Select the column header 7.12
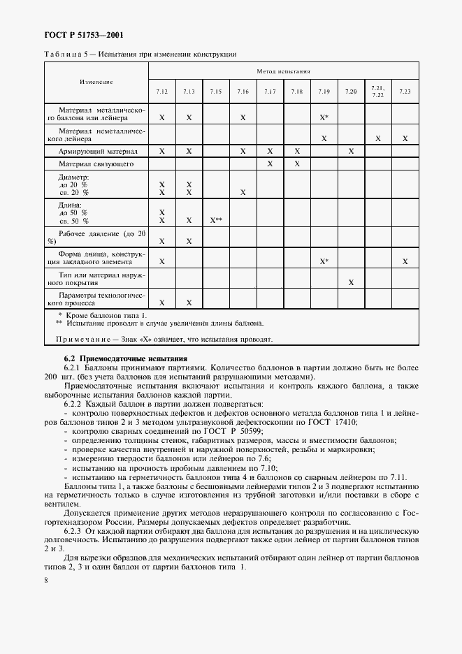coord(161,92)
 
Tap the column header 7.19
coord(324,92)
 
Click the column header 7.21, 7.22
coord(377,92)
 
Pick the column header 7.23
coord(405,92)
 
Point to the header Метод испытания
coord(283,71)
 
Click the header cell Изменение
coord(96,82)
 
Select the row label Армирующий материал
coord(98,151)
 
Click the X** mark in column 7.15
coord(216,220)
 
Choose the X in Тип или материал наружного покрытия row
coord(351,282)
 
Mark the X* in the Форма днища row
coord(324,261)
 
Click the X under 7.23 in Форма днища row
coord(405,261)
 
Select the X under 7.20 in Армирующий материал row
coord(351,151)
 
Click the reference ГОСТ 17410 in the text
coord(337,422)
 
